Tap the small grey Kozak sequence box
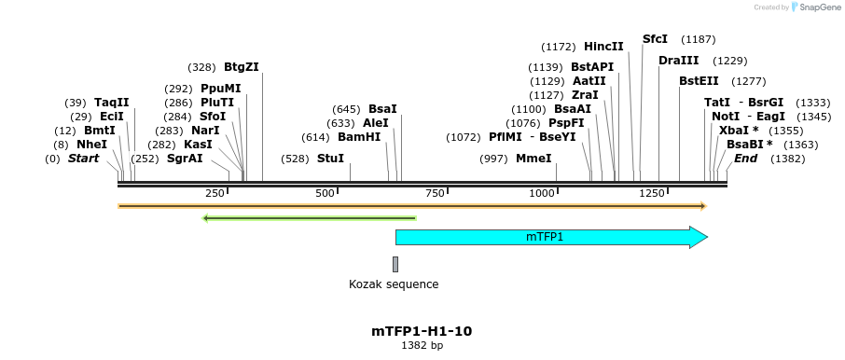point(395,264)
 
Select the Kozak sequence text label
point(394,284)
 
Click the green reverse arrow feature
point(309,218)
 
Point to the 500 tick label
point(325,193)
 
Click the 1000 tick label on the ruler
point(542,193)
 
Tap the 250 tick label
point(215,193)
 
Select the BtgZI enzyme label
point(242,67)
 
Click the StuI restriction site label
point(330,159)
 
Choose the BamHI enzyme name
point(359,136)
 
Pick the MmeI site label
point(533,159)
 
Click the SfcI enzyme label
point(656,39)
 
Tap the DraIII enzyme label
point(678,61)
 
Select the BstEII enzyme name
point(699,81)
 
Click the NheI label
point(91,145)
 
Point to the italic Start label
point(83,159)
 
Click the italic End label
point(745,159)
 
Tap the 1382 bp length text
point(422,346)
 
